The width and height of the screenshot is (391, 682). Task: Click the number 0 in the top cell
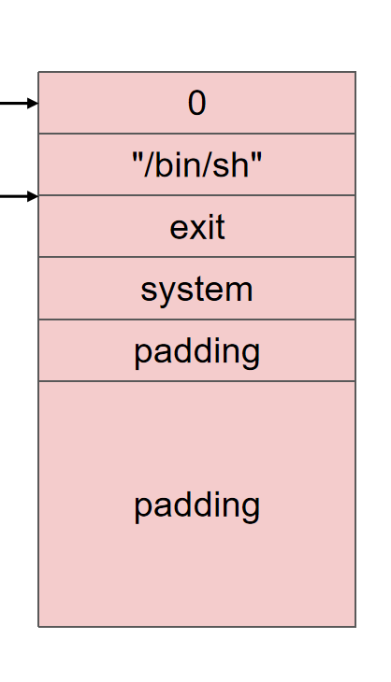pos(196,104)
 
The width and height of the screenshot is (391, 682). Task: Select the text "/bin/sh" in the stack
pos(196,164)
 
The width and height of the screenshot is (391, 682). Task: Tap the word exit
pos(197,227)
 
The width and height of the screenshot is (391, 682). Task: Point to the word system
pos(196,290)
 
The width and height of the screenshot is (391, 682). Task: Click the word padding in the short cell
pos(196,351)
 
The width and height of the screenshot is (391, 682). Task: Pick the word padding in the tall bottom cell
pos(196,505)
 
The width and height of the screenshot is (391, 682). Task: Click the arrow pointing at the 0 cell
pos(19,103)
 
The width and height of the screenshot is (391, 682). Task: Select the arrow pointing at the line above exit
pos(19,196)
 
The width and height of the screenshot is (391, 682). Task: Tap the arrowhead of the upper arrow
pos(33,103)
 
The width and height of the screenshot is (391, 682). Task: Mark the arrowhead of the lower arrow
pos(33,196)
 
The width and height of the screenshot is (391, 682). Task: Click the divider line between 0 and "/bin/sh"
pos(196,134)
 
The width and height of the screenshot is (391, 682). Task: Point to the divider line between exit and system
pos(196,257)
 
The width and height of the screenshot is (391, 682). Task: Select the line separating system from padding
pos(196,320)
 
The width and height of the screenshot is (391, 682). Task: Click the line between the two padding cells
pos(196,381)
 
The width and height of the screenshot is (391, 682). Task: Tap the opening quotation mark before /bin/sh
pos(137,157)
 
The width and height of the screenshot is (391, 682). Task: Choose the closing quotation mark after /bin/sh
pos(257,157)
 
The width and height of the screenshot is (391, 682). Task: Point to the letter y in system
pos(166,292)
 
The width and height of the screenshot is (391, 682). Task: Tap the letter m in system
pos(239,291)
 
